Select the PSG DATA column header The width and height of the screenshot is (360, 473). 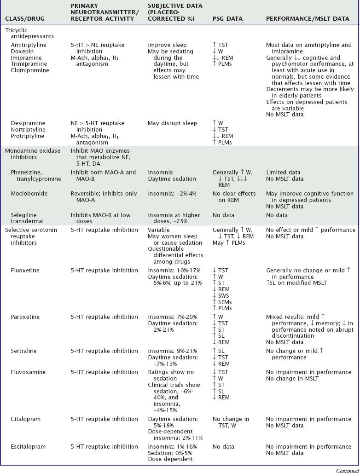[x=227, y=19]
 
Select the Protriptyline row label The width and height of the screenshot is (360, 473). [x=28, y=136]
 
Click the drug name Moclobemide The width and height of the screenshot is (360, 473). [x=29, y=194]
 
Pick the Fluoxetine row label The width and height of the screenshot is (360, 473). [x=25, y=271]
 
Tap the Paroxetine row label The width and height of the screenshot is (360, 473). [x=25, y=317]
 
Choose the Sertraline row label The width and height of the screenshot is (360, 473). [x=25, y=351]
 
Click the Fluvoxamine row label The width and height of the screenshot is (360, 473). [x=28, y=372]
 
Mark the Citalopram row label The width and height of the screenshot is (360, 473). [x=26, y=419]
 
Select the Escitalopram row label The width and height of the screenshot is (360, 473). [x=28, y=447]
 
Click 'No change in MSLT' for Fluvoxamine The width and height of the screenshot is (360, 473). [x=293, y=379]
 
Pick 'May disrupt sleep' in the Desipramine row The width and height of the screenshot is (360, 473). [x=172, y=123]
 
